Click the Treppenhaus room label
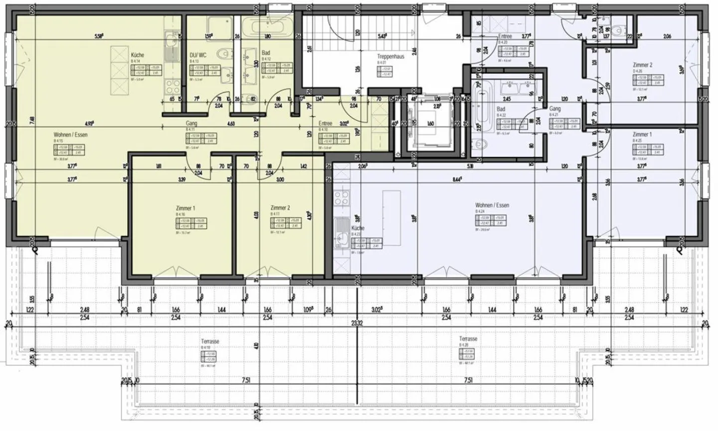pyautogui.click(x=390, y=57)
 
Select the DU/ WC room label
pyautogui.click(x=198, y=55)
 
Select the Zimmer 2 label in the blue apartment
pyautogui.click(x=642, y=65)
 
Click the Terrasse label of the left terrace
pyautogui.click(x=209, y=341)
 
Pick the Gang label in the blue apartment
pyautogui.click(x=555, y=109)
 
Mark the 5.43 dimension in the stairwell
pyautogui.click(x=383, y=36)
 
